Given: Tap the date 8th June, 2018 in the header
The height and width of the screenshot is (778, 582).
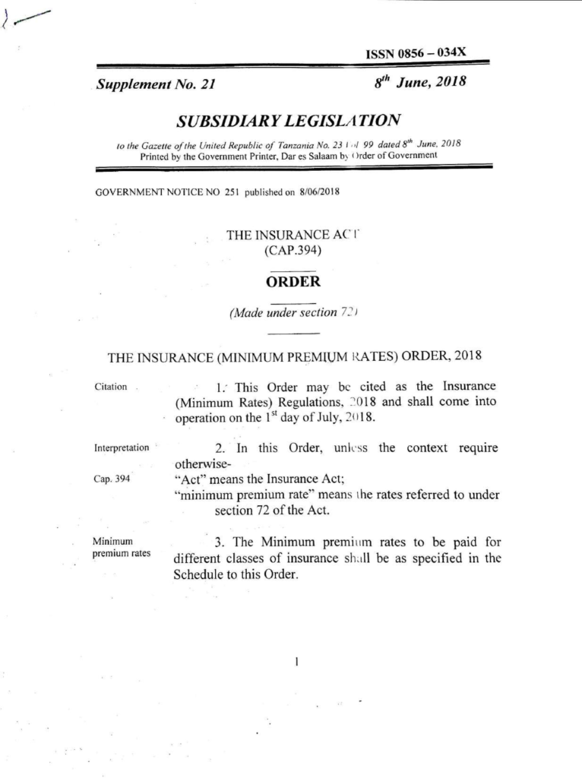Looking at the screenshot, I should [x=420, y=82].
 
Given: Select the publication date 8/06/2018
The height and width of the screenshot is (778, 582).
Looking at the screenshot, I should [x=319, y=191].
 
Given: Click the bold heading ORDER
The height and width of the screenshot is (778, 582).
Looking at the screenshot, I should [x=293, y=282].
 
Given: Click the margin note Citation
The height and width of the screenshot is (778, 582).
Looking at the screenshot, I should [x=111, y=386].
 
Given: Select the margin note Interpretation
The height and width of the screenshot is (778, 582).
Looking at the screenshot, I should [x=122, y=448].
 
